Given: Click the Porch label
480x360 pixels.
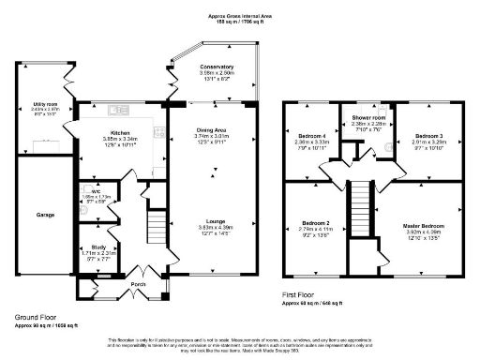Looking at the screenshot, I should (138, 283).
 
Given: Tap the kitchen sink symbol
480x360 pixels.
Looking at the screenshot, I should (121, 106).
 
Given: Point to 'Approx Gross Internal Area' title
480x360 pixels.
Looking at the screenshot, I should (240, 16).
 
